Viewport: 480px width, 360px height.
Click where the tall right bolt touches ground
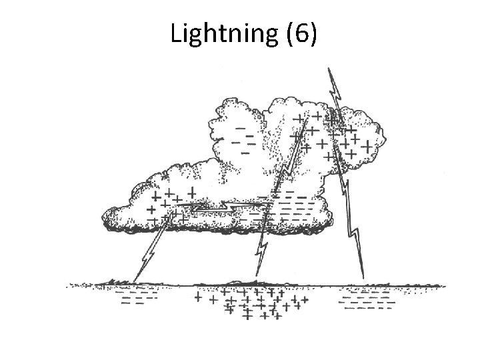point(364,278)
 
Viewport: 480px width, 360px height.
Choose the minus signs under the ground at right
point(367,299)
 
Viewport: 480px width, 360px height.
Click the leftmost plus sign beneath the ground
point(197,298)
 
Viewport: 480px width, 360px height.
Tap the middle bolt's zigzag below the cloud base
point(262,250)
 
